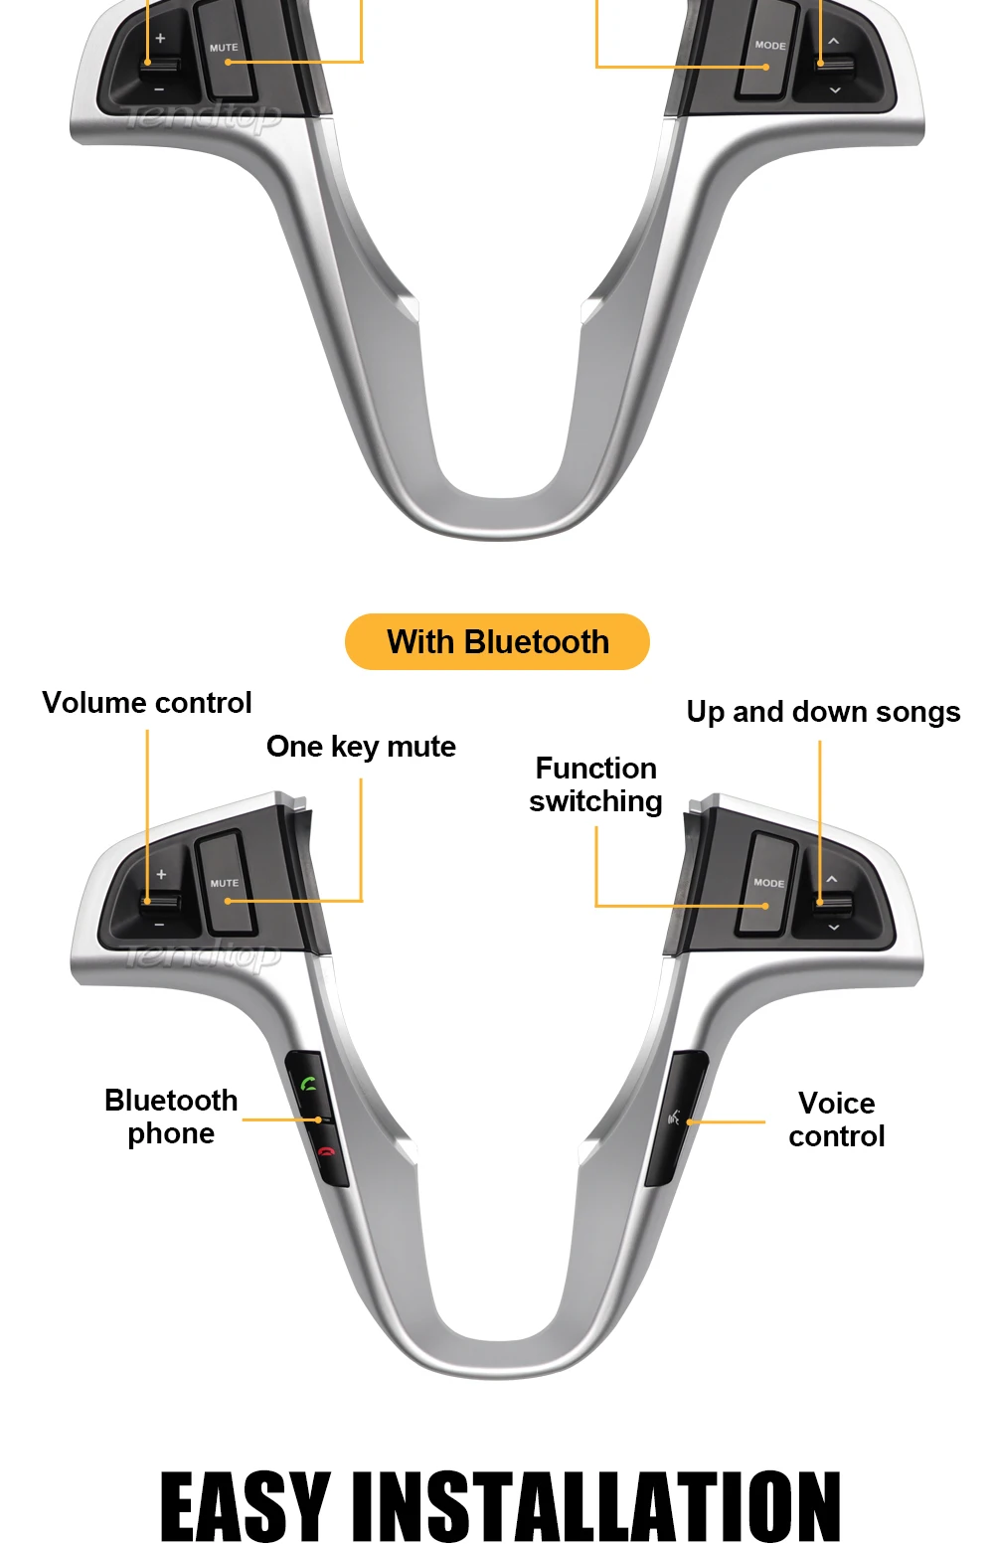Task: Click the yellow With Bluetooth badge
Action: [x=497, y=642]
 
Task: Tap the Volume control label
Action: [x=147, y=703]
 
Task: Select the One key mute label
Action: [x=361, y=747]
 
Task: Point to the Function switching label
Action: [x=595, y=784]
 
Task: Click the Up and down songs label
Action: [x=823, y=712]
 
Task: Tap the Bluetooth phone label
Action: [x=171, y=1117]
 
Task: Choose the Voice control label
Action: [x=836, y=1119]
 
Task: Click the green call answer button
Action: [x=309, y=1084]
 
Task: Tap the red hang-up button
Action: [x=326, y=1153]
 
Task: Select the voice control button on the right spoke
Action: [x=676, y=1117]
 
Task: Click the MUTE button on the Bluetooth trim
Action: [x=225, y=883]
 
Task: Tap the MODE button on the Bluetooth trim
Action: [x=768, y=883]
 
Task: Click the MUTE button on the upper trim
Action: [x=225, y=48]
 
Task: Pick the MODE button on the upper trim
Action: [x=769, y=46]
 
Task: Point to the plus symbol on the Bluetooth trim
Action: [x=161, y=874]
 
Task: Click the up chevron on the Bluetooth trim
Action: [x=832, y=879]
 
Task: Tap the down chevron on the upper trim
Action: [x=835, y=90]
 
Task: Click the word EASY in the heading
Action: [x=245, y=1506]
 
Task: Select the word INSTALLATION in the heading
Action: [x=597, y=1506]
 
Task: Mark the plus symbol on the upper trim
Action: [x=160, y=38]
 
